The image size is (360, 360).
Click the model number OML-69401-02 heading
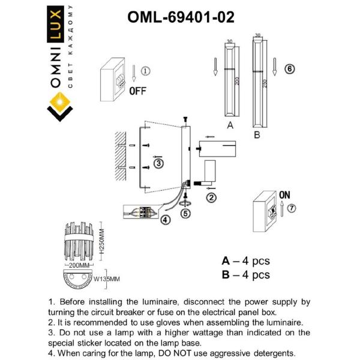click(181, 17)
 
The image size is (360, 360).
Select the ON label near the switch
click(285, 195)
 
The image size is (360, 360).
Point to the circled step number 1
click(146, 71)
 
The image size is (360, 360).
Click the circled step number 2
click(211, 196)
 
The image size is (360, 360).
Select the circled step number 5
click(185, 212)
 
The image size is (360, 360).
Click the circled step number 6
click(289, 69)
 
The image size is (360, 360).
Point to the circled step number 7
click(292, 208)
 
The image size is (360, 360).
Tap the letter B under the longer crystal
click(257, 136)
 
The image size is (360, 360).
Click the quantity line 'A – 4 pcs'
click(245, 261)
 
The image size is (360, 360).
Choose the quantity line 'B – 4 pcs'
click(245, 275)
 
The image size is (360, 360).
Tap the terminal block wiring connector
click(144, 212)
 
